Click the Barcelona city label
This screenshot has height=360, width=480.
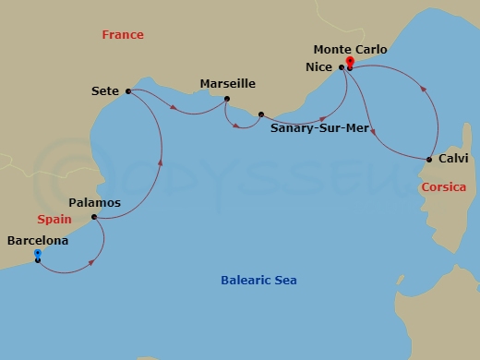point(38,240)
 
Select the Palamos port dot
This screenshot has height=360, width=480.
point(93,218)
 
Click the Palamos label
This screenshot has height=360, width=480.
point(95,201)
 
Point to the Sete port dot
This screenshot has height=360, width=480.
point(127,90)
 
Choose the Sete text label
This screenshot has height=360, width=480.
point(106,90)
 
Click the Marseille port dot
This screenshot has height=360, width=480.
point(226,100)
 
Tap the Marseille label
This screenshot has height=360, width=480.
point(227,84)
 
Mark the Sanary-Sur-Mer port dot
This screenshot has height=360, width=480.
point(261,114)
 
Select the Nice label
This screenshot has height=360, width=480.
point(318,66)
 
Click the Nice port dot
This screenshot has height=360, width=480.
point(342,66)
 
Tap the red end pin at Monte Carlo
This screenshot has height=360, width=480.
point(350,62)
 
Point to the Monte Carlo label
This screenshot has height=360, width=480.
point(350,49)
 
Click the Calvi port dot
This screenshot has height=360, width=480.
point(429,160)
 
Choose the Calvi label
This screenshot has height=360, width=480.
point(453,159)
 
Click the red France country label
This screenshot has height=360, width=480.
point(123,35)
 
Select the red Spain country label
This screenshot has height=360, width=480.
point(54,220)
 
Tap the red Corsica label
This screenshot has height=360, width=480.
point(442,187)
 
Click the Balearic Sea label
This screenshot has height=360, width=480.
point(258,281)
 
